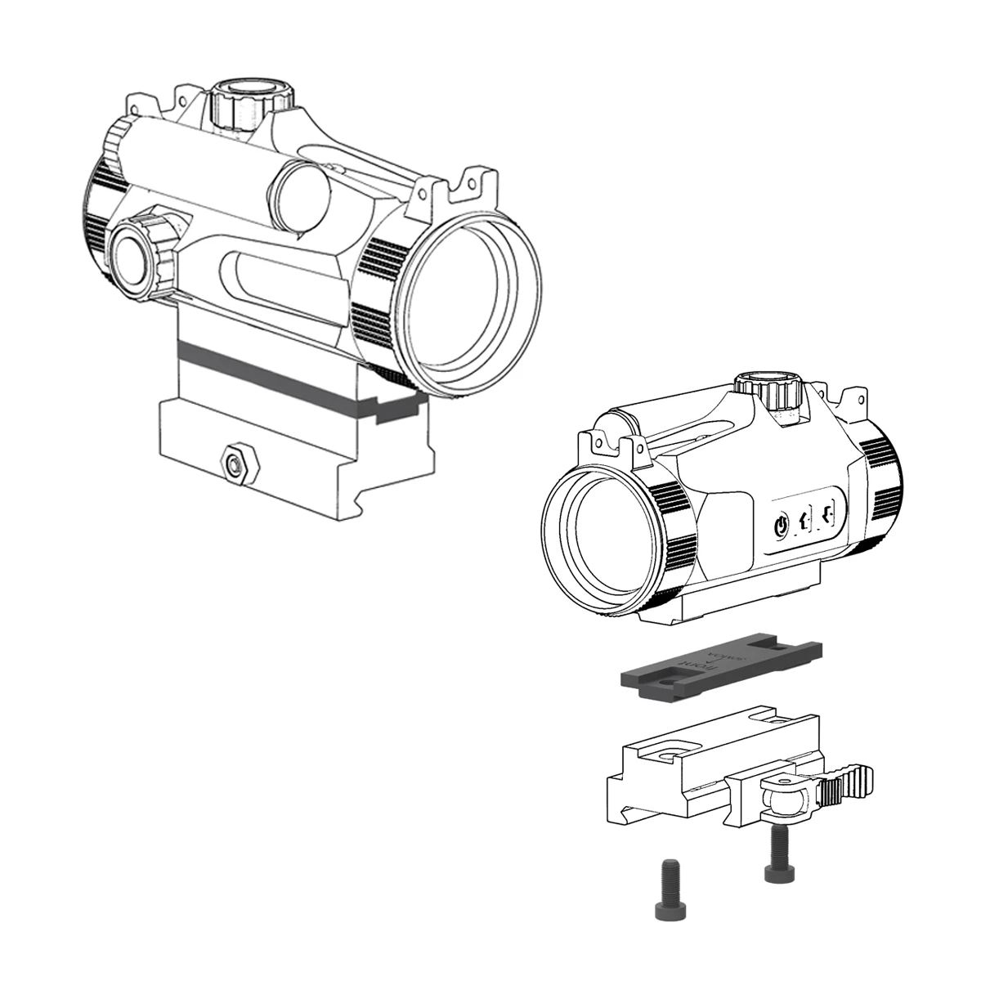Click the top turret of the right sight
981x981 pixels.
point(769,391)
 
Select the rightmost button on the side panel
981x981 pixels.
point(830,514)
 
